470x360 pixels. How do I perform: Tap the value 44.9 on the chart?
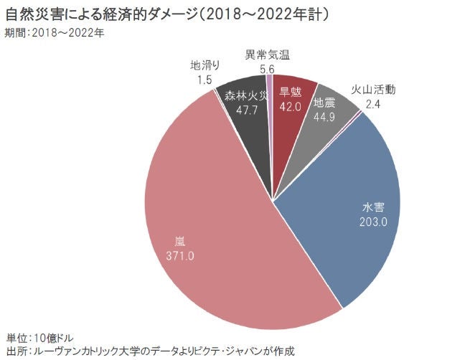pos(325,116)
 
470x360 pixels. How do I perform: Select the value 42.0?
pos(290,105)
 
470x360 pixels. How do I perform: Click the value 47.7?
pos(240,109)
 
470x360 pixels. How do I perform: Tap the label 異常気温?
pos(267,55)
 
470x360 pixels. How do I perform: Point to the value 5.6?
pos(267,69)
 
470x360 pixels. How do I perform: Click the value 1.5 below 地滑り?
pos(204,79)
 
